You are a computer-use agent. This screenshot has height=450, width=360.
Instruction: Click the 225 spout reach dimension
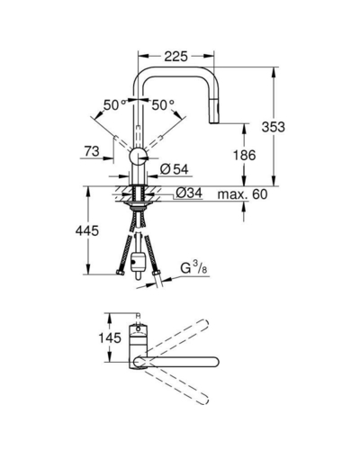tap(175, 56)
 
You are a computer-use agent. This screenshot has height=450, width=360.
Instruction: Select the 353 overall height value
tap(273, 127)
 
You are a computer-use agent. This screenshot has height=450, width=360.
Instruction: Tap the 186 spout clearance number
tap(245, 155)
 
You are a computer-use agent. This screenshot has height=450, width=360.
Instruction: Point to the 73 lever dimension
tap(92, 151)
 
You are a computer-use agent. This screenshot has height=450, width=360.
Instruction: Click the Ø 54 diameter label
tap(175, 169)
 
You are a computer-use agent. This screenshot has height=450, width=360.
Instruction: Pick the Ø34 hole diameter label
tap(189, 193)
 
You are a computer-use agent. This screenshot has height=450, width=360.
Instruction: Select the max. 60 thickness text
tap(242, 194)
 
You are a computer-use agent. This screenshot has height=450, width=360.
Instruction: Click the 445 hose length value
tap(87, 230)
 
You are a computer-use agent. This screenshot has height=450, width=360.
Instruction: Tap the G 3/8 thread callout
tap(193, 267)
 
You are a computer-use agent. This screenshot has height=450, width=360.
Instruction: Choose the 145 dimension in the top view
tap(110, 337)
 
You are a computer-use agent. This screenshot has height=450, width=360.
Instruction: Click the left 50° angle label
tap(114, 105)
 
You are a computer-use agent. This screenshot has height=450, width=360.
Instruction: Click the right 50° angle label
tap(163, 105)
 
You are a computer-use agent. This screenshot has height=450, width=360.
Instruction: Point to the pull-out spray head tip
tap(214, 121)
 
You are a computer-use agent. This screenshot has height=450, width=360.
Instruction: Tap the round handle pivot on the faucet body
tap(139, 156)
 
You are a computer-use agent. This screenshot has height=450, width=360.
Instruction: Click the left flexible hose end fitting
tap(121, 273)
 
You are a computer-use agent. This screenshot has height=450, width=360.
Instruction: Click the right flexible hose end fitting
tap(157, 273)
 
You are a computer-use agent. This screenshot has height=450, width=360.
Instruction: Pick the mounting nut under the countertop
tap(139, 206)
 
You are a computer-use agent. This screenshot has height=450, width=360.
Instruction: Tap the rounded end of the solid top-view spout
tap(214, 362)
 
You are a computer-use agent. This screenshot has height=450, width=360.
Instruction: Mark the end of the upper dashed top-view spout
tap(204, 323)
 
